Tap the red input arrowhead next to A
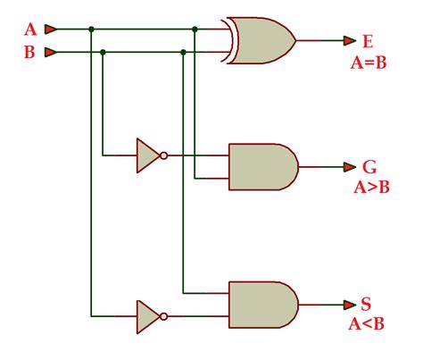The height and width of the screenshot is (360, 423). click(x=51, y=29)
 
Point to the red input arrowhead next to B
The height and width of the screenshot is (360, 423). click(x=51, y=52)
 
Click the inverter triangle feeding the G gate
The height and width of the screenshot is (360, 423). click(x=147, y=155)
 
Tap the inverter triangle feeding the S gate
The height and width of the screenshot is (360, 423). click(x=147, y=316)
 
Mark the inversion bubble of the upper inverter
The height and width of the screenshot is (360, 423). click(x=163, y=155)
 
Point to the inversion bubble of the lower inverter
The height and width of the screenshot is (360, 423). click(x=163, y=316)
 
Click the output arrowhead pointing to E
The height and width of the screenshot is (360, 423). click(x=349, y=40)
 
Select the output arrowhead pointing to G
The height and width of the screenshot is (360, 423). click(x=349, y=166)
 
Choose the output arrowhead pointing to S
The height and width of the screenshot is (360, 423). click(x=349, y=305)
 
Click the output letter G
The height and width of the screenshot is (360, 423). click(x=369, y=166)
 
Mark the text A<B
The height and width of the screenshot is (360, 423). click(x=368, y=324)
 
